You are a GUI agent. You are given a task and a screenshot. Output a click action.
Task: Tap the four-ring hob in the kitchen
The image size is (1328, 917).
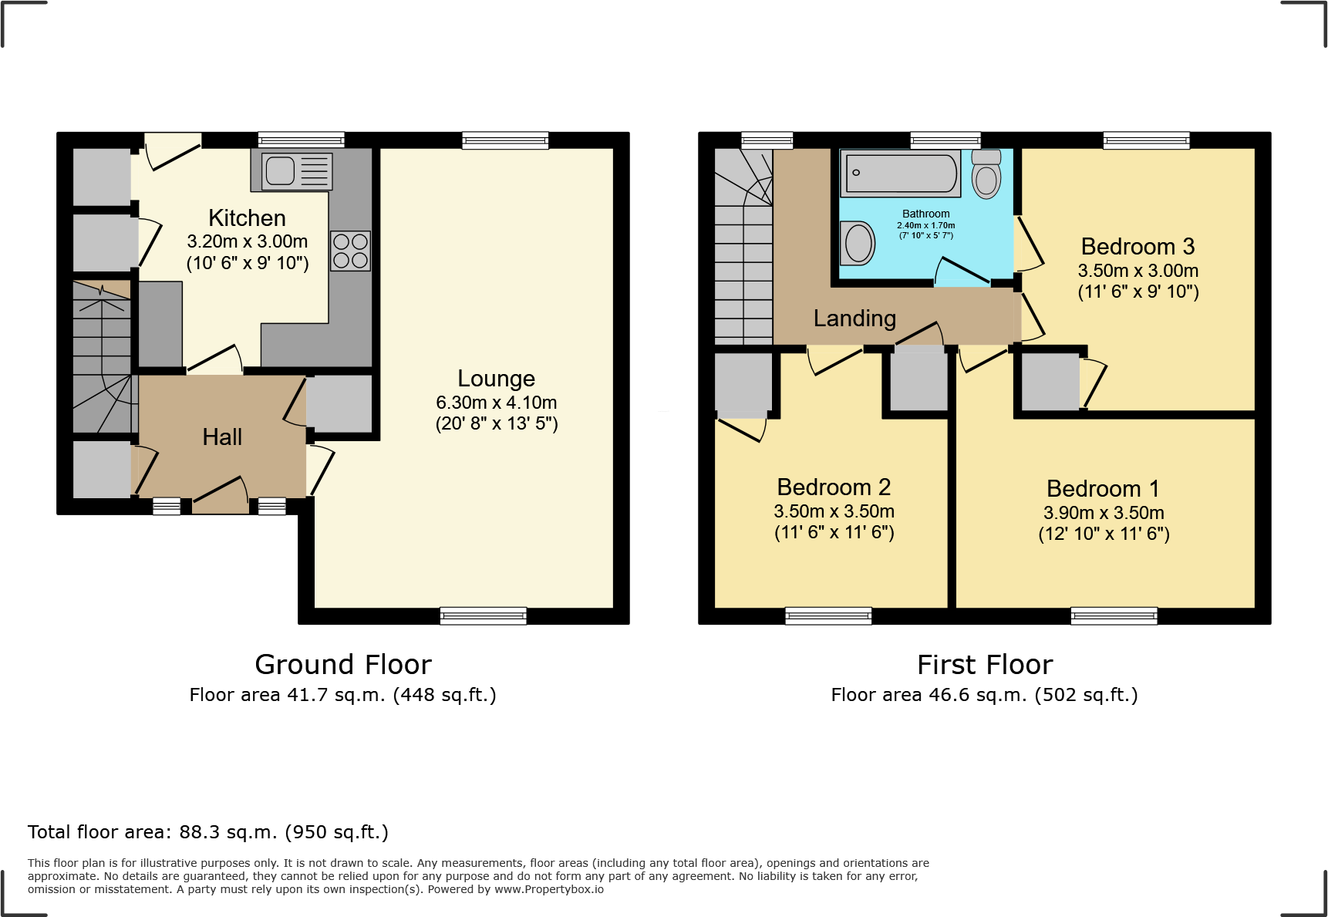pos(350,251)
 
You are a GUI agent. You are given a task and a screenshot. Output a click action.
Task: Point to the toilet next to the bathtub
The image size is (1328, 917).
pos(986,175)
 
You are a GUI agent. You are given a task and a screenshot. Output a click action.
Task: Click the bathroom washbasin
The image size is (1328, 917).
pos(858,243)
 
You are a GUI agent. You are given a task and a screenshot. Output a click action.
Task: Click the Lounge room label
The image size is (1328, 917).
pos(496,379)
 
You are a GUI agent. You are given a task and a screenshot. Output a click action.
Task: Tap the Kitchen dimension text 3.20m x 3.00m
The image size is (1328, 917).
pos(247,241)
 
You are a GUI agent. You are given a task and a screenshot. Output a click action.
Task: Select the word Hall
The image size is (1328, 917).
pos(222,437)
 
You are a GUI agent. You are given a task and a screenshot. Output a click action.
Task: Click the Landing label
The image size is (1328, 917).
pos(854,319)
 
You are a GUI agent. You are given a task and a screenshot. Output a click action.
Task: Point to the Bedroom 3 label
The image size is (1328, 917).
pos(1138,247)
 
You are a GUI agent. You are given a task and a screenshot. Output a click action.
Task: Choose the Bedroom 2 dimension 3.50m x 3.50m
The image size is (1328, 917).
pos(834,511)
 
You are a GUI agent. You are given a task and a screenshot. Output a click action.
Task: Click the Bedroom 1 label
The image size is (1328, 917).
pos(1103,489)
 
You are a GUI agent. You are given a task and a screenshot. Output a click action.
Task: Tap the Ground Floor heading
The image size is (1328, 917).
pos(343,665)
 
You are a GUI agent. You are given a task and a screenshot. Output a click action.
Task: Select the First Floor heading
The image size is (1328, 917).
pos(985,665)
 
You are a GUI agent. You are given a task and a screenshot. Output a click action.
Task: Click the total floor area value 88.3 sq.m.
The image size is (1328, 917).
pos(228,832)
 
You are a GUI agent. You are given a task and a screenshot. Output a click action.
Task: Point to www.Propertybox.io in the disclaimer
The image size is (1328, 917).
pos(548,889)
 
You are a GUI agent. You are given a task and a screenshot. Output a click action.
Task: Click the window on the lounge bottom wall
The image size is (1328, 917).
pos(484,615)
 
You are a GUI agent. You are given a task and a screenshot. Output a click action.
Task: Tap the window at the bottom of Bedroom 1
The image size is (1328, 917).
pos(1114,615)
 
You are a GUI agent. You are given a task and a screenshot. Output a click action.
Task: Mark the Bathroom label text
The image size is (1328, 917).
pos(925,214)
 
